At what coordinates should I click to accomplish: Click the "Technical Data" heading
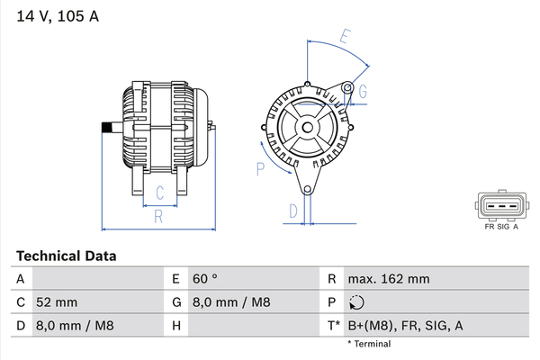66,256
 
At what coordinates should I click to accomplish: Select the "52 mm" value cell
57,302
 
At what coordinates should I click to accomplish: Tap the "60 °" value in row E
207,279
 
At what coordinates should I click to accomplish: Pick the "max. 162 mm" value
390,279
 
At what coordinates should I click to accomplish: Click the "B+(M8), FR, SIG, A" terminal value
405,326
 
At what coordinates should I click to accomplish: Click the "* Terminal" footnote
369,344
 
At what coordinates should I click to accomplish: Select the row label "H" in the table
176,326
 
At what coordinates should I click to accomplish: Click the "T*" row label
334,326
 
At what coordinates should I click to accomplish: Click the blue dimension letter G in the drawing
363,92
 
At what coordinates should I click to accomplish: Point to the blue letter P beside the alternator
260,166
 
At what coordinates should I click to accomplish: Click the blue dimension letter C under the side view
158,192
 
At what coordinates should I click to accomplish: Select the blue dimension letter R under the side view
157,216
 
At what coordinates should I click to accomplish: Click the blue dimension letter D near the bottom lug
292,211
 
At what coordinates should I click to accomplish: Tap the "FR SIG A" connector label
500,229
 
